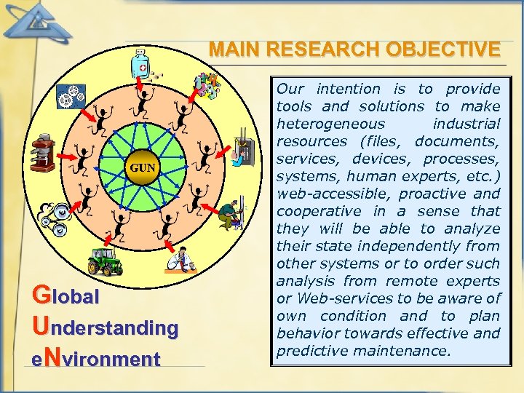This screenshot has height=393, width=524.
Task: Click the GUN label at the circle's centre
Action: point(143,168)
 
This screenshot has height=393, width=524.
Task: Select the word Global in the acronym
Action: point(66,297)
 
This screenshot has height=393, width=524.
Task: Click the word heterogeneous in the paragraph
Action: point(330,124)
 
